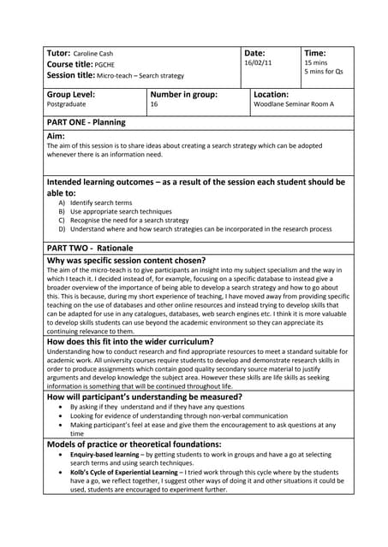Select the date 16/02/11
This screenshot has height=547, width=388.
pos(259,63)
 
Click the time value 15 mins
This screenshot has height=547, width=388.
pos(316,63)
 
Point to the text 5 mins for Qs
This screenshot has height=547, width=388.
pos(324,73)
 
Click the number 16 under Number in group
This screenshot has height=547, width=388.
pos(154,105)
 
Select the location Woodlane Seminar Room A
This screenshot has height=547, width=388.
pos(293,105)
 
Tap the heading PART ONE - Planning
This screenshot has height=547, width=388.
pos(86,122)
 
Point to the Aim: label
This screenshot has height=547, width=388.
pos(56,137)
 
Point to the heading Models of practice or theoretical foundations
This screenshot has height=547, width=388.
pos(134,444)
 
